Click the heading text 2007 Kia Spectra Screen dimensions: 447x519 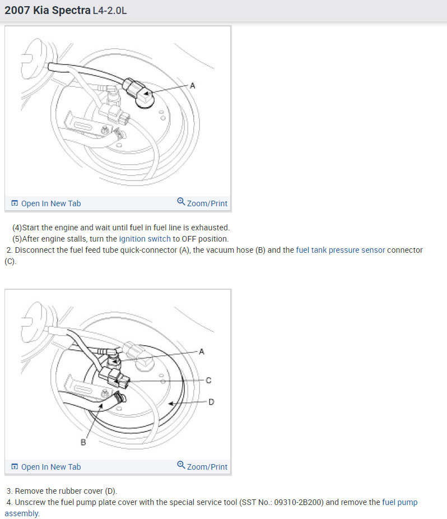(x=47, y=10)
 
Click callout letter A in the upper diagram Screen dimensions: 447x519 (x=192, y=86)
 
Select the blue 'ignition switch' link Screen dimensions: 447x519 (x=145, y=239)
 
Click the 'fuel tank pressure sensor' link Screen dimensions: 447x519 (x=341, y=250)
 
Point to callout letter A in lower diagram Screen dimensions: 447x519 (x=202, y=351)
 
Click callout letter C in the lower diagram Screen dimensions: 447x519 (x=208, y=381)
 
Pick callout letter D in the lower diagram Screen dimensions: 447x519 (x=211, y=402)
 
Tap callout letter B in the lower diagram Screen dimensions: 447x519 (x=83, y=442)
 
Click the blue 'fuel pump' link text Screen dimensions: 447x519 (x=400, y=502)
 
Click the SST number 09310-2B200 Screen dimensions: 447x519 (x=299, y=502)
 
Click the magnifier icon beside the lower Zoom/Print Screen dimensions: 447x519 (x=181, y=465)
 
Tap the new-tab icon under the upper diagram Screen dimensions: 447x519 (x=15, y=203)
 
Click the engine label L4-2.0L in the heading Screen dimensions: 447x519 (x=110, y=11)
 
